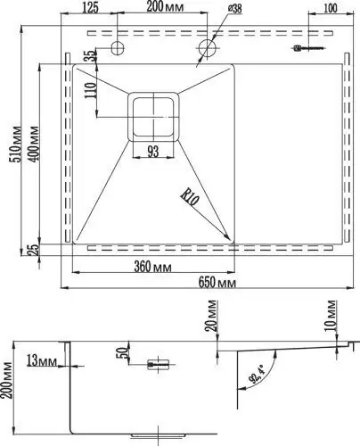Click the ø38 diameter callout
click(x=234, y=9)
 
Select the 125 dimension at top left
click(x=89, y=9)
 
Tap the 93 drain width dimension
click(x=153, y=153)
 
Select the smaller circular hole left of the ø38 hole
click(x=118, y=46)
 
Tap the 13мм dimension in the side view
click(x=42, y=359)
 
